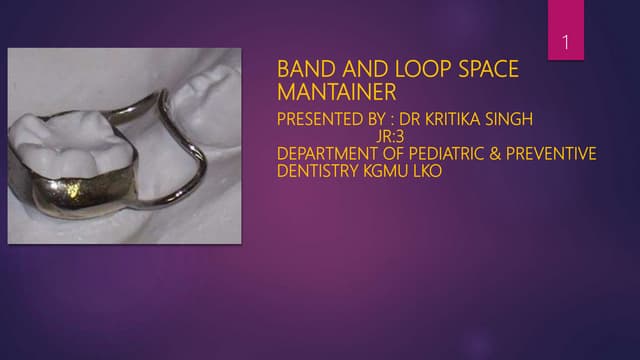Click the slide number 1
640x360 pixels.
(x=566, y=43)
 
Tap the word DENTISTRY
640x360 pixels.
(x=314, y=171)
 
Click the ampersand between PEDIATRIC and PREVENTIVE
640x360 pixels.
(x=491, y=154)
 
